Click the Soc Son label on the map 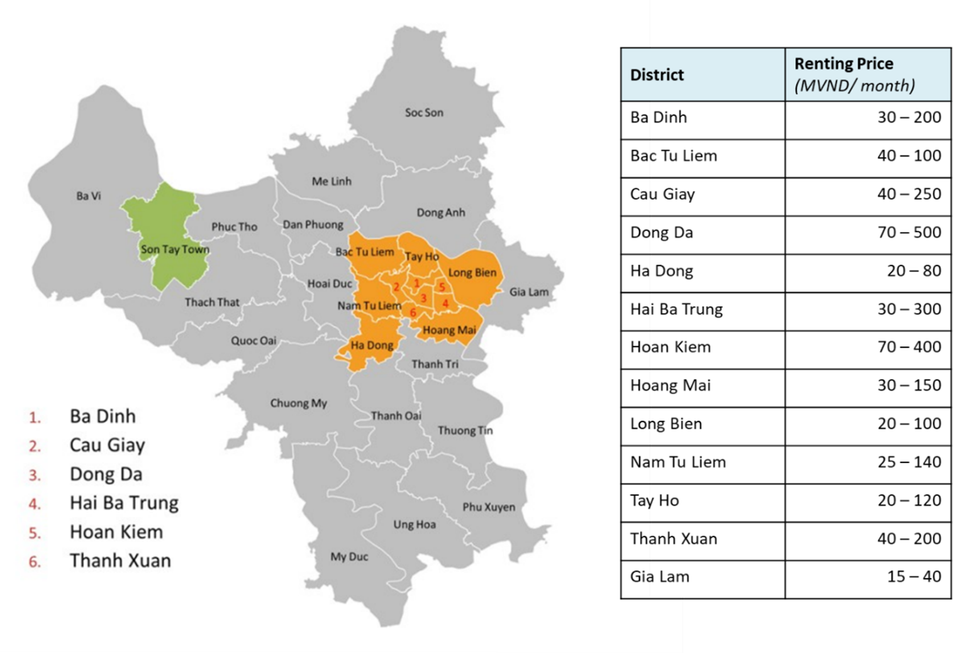tap(424, 112)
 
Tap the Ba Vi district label tap(89, 196)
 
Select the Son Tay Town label tap(175, 250)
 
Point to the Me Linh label tap(332, 182)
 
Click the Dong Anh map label tap(441, 212)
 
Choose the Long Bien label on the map tap(472, 273)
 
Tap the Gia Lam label tap(529, 292)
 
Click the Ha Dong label tap(372, 345)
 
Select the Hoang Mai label tap(449, 330)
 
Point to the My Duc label tap(349, 557)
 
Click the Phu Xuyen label tap(489, 507)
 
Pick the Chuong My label tap(299, 403)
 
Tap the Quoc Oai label tap(254, 341)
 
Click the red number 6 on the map tap(413, 313)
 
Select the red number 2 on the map tap(396, 287)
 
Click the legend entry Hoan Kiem tap(116, 532)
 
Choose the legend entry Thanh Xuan tap(120, 561)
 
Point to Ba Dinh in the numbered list tap(103, 416)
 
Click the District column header tap(657, 75)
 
